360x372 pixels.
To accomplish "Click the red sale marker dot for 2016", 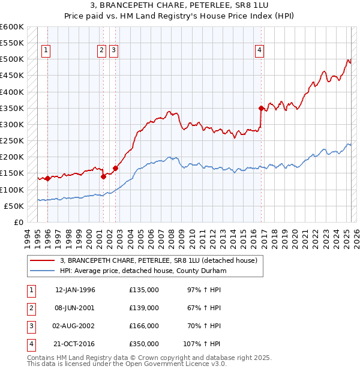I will (x=261, y=108).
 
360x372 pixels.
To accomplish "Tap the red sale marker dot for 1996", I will (x=47, y=178).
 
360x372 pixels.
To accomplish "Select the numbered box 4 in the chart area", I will (x=259, y=50).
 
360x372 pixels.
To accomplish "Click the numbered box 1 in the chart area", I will (x=46, y=50).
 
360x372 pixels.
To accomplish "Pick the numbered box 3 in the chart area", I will (x=113, y=50).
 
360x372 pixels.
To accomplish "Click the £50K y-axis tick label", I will (x=14, y=206).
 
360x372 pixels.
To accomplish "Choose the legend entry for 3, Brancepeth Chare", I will (x=158, y=260).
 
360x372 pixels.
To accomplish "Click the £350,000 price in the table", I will (x=144, y=344).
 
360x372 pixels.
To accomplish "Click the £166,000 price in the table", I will (x=144, y=326).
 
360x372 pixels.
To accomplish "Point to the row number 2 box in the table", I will (x=31, y=308).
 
